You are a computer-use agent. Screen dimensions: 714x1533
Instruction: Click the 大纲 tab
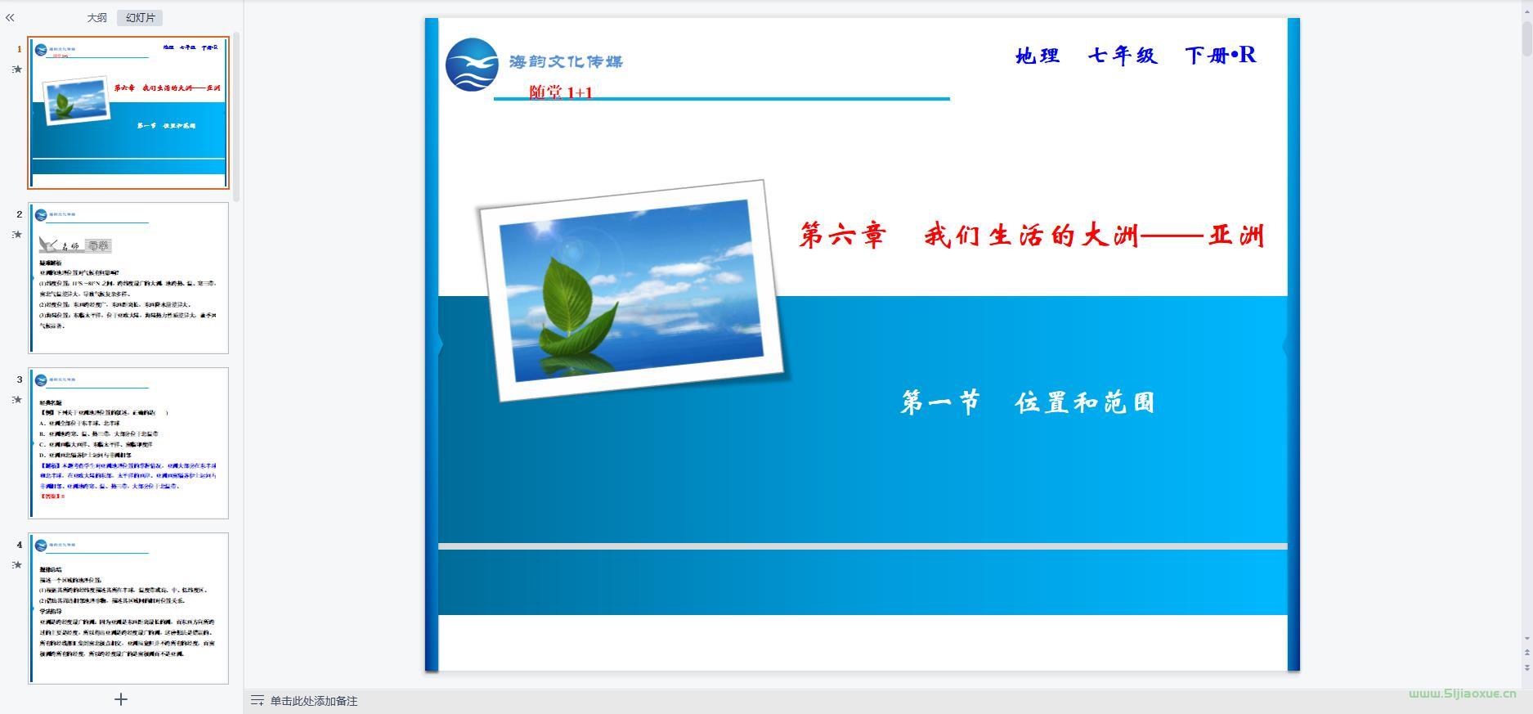96,18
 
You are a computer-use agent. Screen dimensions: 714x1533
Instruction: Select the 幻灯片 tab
140,18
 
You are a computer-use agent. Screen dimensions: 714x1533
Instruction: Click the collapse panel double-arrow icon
11,17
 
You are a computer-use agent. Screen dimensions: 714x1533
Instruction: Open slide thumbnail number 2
128,278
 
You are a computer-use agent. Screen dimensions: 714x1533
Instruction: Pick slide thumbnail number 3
128,442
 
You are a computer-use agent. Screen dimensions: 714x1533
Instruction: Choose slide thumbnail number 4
128,608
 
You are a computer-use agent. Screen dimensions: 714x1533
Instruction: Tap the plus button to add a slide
121,699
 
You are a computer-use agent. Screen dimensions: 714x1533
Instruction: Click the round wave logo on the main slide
472,65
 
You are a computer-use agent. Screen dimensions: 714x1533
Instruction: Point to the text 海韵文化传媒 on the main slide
566,61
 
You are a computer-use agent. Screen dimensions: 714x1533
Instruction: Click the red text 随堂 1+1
560,92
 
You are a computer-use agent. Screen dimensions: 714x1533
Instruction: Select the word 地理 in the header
1038,56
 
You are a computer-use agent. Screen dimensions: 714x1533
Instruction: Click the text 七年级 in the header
1123,56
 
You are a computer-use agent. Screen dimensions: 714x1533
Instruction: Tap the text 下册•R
1220,55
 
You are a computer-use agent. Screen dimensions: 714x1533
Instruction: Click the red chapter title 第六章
842,236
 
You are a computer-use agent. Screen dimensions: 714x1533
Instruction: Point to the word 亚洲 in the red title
1236,236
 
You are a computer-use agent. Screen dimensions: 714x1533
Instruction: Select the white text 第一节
939,402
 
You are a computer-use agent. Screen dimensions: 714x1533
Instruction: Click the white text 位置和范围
1084,402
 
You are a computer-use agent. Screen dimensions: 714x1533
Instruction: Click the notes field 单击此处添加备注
313,701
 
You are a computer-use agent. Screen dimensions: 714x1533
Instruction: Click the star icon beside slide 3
17,400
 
